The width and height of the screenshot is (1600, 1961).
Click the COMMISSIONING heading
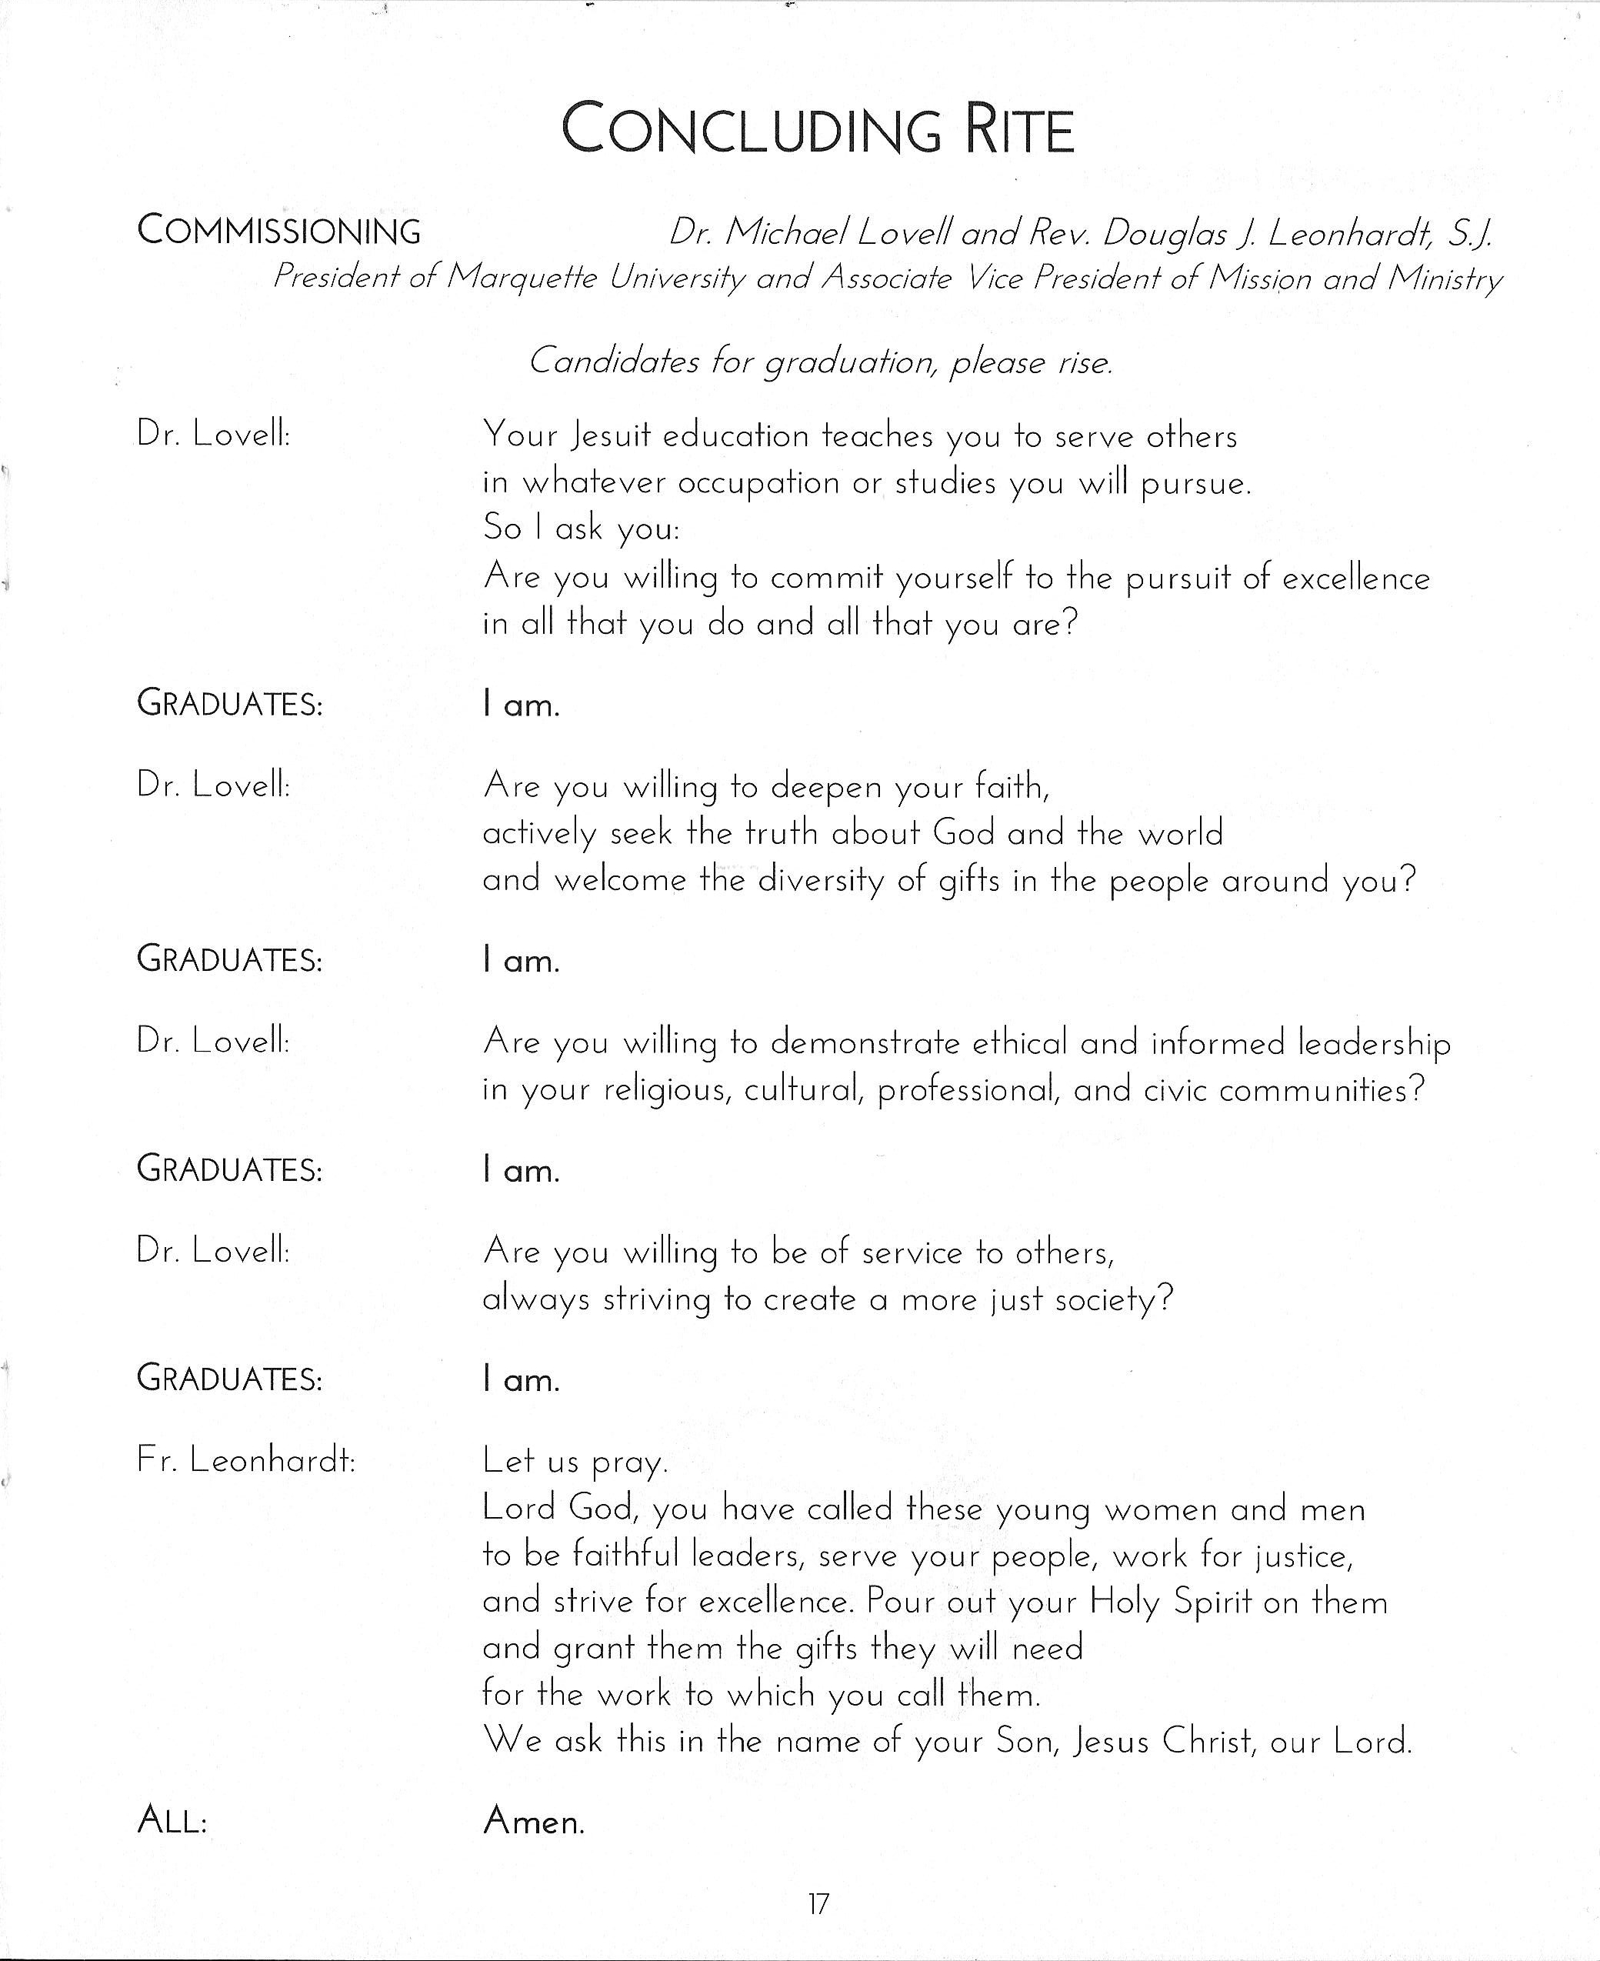click(278, 230)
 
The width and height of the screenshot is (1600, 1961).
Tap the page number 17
click(818, 1904)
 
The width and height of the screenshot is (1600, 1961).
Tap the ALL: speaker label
click(172, 1821)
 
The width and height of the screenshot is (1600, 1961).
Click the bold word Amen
click(534, 1821)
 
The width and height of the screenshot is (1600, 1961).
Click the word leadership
click(1373, 1043)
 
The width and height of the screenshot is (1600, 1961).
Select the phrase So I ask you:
click(581, 528)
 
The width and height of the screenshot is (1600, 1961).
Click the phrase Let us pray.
click(574, 1462)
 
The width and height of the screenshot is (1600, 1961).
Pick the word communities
click(1321, 1090)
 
